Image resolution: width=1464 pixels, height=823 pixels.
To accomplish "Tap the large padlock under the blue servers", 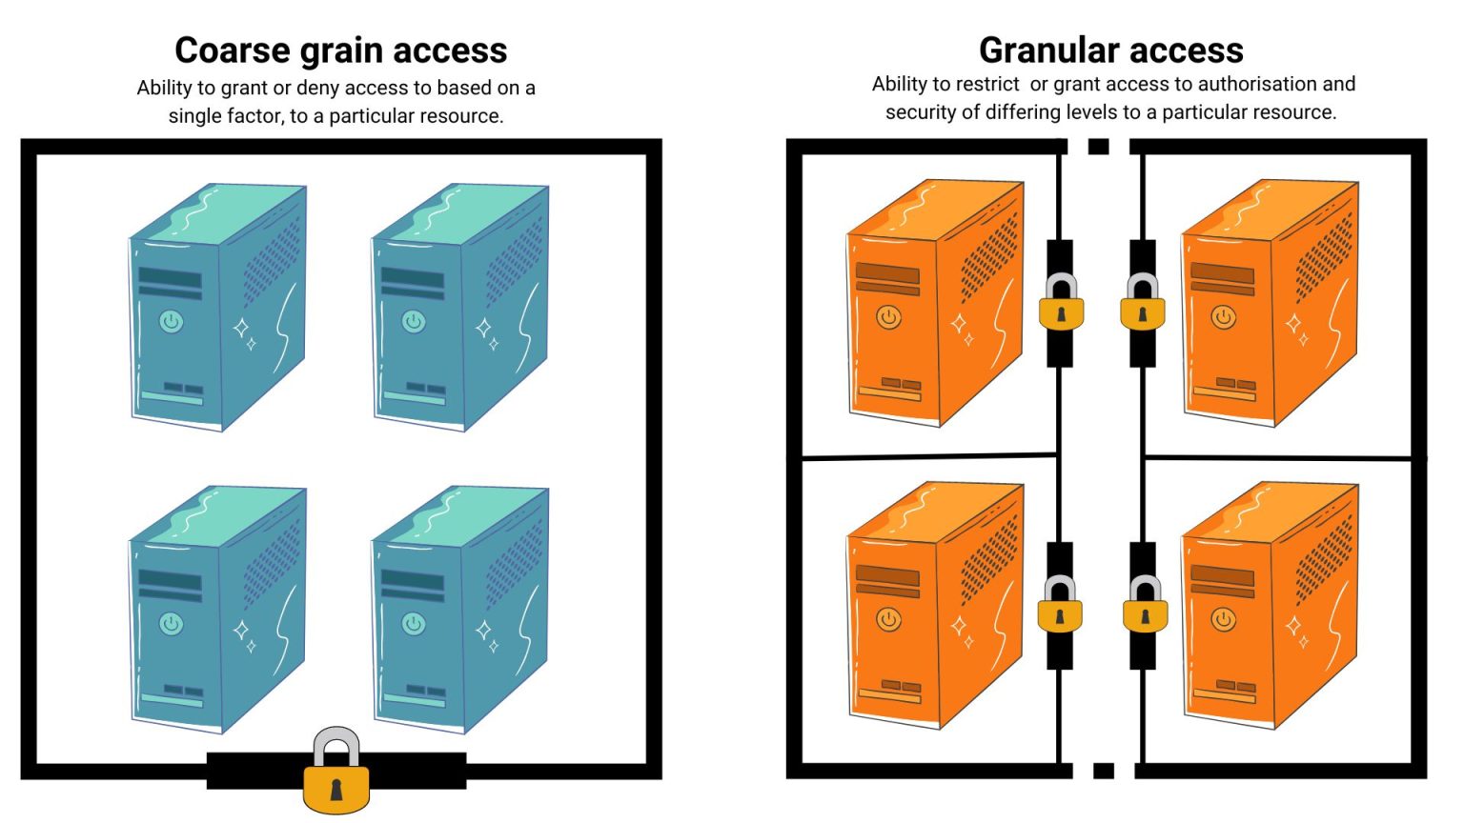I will (335, 773).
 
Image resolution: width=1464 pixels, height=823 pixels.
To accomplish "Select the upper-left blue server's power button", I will (172, 321).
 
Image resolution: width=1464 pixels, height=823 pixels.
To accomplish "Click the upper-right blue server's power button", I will (414, 321).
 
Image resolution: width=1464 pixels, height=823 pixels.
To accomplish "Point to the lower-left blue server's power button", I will (172, 624).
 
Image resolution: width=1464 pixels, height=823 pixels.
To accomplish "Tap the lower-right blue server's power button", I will (414, 624).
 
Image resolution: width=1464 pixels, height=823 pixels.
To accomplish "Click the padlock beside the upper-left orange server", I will (1061, 305).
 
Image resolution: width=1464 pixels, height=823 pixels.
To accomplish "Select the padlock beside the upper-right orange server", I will (1143, 305).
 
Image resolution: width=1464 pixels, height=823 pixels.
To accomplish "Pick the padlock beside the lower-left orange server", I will (1061, 607).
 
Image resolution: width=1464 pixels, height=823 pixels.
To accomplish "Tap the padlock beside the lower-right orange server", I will (1144, 607).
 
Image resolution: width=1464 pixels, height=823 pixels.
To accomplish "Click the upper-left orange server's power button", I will (889, 316).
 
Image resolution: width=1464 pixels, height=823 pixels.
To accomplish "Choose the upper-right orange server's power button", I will (1224, 316).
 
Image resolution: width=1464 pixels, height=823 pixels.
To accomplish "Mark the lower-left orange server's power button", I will (889, 619).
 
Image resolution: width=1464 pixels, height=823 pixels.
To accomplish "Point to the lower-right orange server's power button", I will (1224, 619).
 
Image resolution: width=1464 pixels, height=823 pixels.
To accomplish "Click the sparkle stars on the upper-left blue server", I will (245, 333).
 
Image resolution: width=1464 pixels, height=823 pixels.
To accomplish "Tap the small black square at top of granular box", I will (1099, 147).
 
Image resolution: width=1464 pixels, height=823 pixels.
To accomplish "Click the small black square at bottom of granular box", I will (1104, 770).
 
